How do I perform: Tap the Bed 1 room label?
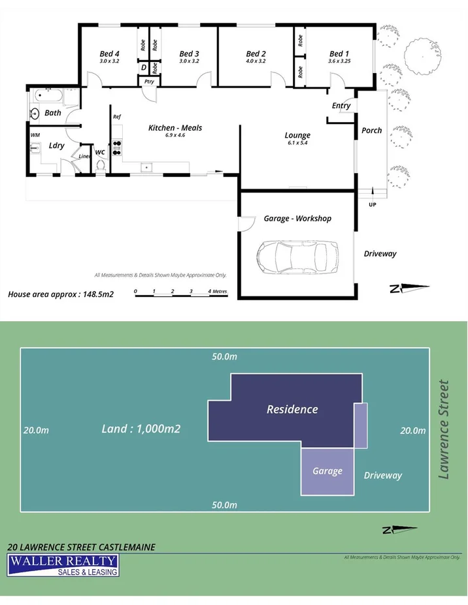(339, 54)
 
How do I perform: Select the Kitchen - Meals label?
(175, 128)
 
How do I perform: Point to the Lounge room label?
(297, 135)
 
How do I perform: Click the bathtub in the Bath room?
(49, 98)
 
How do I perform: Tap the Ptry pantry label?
(149, 82)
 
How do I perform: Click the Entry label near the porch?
(341, 106)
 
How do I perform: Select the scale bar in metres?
(181, 295)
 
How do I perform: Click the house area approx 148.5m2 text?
(61, 294)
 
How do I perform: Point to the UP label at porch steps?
(373, 205)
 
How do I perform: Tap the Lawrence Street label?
(444, 429)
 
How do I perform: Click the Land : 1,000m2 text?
(141, 429)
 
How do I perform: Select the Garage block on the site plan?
(327, 471)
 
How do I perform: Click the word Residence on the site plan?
(292, 409)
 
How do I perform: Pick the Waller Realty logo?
(63, 565)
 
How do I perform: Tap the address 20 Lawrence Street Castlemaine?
(81, 547)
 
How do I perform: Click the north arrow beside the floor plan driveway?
(409, 288)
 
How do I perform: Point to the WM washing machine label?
(35, 135)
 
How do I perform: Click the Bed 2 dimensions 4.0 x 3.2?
(256, 61)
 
